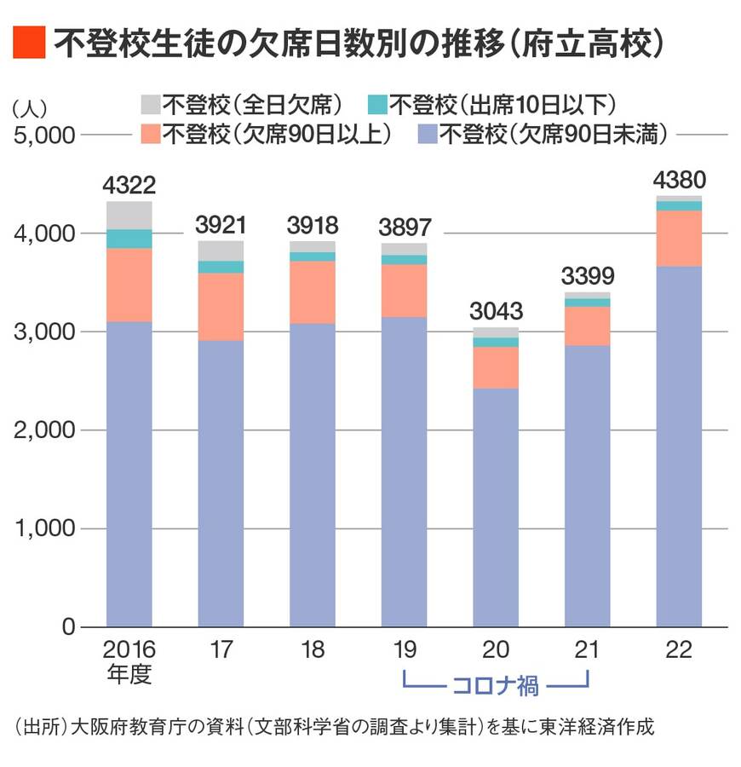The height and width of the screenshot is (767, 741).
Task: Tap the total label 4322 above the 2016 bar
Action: coord(129,186)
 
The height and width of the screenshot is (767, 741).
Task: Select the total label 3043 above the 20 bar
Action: coord(496,311)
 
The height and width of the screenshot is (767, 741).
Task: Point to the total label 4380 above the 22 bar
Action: coord(679,180)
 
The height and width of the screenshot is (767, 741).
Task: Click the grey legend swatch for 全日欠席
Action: coord(151,104)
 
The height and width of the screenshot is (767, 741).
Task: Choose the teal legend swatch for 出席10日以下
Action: coord(376,104)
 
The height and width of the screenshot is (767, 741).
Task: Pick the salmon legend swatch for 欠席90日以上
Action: coord(151,134)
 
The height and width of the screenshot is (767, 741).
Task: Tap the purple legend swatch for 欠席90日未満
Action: coord(427,134)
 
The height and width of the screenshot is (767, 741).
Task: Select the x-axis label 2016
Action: coord(129,650)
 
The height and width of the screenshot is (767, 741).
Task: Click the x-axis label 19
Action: coord(405,650)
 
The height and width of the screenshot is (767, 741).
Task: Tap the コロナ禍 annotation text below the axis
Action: coord(496,684)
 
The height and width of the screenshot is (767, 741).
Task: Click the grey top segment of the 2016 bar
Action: coord(129,215)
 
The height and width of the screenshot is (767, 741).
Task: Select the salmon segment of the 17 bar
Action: coord(221,307)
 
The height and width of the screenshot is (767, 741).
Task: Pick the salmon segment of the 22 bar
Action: coord(679,239)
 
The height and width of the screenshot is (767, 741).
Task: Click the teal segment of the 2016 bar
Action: coord(129,239)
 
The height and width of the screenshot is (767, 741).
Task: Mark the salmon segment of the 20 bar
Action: coord(496,367)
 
